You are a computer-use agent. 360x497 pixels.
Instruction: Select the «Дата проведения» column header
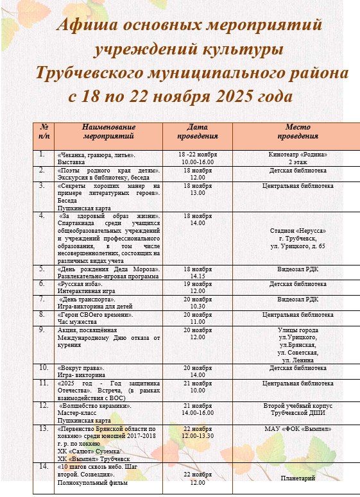click(198, 131)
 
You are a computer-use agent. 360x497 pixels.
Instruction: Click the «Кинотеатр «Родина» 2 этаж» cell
click(298, 158)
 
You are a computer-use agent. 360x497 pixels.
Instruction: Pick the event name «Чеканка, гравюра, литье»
click(96, 155)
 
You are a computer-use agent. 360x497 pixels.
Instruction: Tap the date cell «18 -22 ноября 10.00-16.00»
click(198, 158)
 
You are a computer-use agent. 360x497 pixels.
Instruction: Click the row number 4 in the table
click(42, 215)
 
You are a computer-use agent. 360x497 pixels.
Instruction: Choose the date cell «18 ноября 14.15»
click(198, 273)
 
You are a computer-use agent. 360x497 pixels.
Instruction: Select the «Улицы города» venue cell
click(298, 330)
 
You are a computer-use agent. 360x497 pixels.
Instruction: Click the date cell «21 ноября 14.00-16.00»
click(198, 410)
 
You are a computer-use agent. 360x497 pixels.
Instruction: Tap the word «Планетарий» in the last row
click(298, 478)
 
